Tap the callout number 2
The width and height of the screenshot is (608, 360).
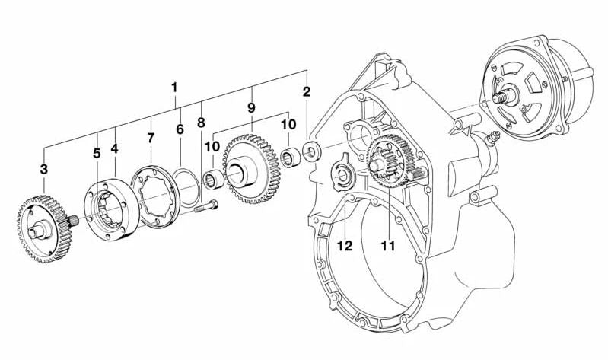(x=307, y=93)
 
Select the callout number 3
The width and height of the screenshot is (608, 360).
(x=44, y=168)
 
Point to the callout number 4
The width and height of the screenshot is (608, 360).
(x=114, y=149)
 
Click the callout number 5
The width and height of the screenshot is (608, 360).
(x=97, y=153)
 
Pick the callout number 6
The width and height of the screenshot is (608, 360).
(x=180, y=130)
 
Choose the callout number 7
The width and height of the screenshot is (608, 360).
(x=151, y=138)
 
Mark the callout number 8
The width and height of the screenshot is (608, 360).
(x=201, y=123)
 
